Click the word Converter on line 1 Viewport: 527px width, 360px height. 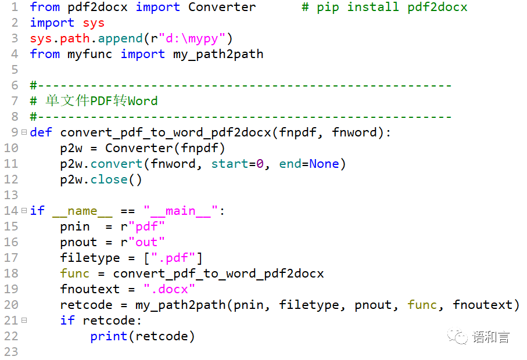point(222,7)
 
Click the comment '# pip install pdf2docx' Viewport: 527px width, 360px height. point(384,7)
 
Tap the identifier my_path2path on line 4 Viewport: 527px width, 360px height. point(218,54)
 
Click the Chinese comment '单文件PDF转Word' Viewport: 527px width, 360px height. point(102,101)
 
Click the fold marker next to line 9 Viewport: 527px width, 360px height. point(24,132)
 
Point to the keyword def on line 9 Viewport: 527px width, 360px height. point(41,132)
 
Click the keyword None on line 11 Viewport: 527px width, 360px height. point(324,164)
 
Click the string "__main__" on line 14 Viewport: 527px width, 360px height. point(181,211)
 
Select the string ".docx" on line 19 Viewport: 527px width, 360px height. point(169,289)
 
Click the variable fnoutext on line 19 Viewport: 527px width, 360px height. point(89,289)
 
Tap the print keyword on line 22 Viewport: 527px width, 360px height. point(109,336)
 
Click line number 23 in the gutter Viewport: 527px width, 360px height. point(11,352)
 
